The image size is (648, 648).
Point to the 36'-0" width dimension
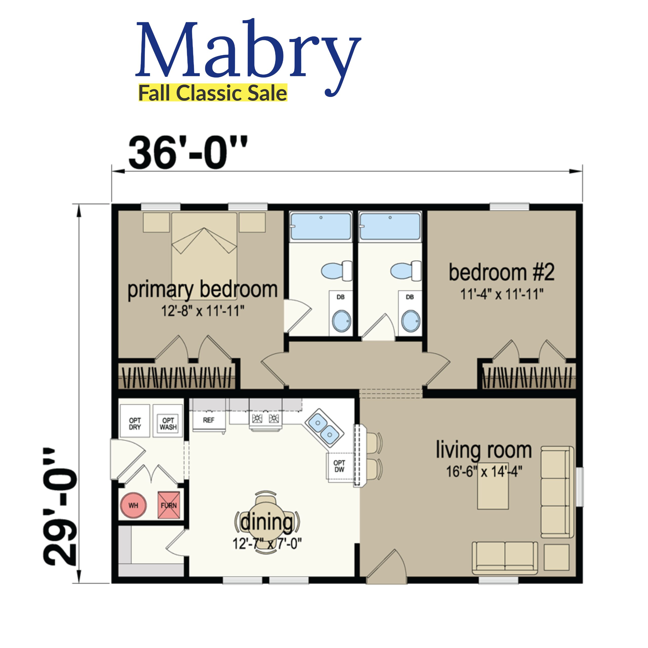(x=188, y=153)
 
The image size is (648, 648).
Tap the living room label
(x=484, y=450)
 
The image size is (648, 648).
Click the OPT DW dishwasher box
(x=339, y=467)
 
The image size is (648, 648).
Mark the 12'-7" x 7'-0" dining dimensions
(x=267, y=544)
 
